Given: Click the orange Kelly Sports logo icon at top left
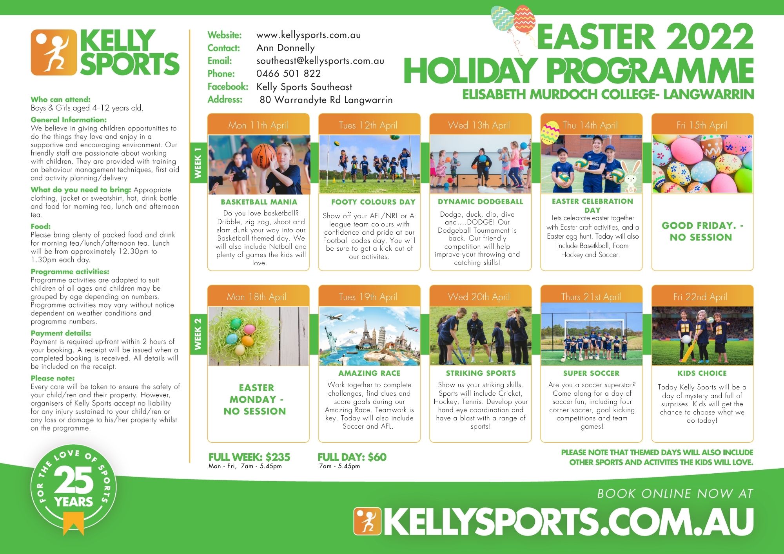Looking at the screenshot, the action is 54,53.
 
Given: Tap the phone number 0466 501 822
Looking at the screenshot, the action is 289,74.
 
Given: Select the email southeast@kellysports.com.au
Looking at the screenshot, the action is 320,61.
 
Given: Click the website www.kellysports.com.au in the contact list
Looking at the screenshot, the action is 309,35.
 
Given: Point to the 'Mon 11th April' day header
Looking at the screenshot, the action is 258,125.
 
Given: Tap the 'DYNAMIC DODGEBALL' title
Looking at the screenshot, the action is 481,202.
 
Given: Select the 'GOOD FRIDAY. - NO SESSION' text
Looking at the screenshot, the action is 702,231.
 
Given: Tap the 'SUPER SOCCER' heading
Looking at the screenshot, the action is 592,373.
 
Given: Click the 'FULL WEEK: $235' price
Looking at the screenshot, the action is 249,457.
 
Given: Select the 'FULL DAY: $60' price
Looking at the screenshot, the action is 352,457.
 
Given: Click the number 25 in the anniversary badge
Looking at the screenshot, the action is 74,480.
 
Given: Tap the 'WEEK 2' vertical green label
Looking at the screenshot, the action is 198,334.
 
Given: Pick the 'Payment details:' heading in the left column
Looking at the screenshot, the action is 61,333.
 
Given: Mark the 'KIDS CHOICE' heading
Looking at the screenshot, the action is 702,373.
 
